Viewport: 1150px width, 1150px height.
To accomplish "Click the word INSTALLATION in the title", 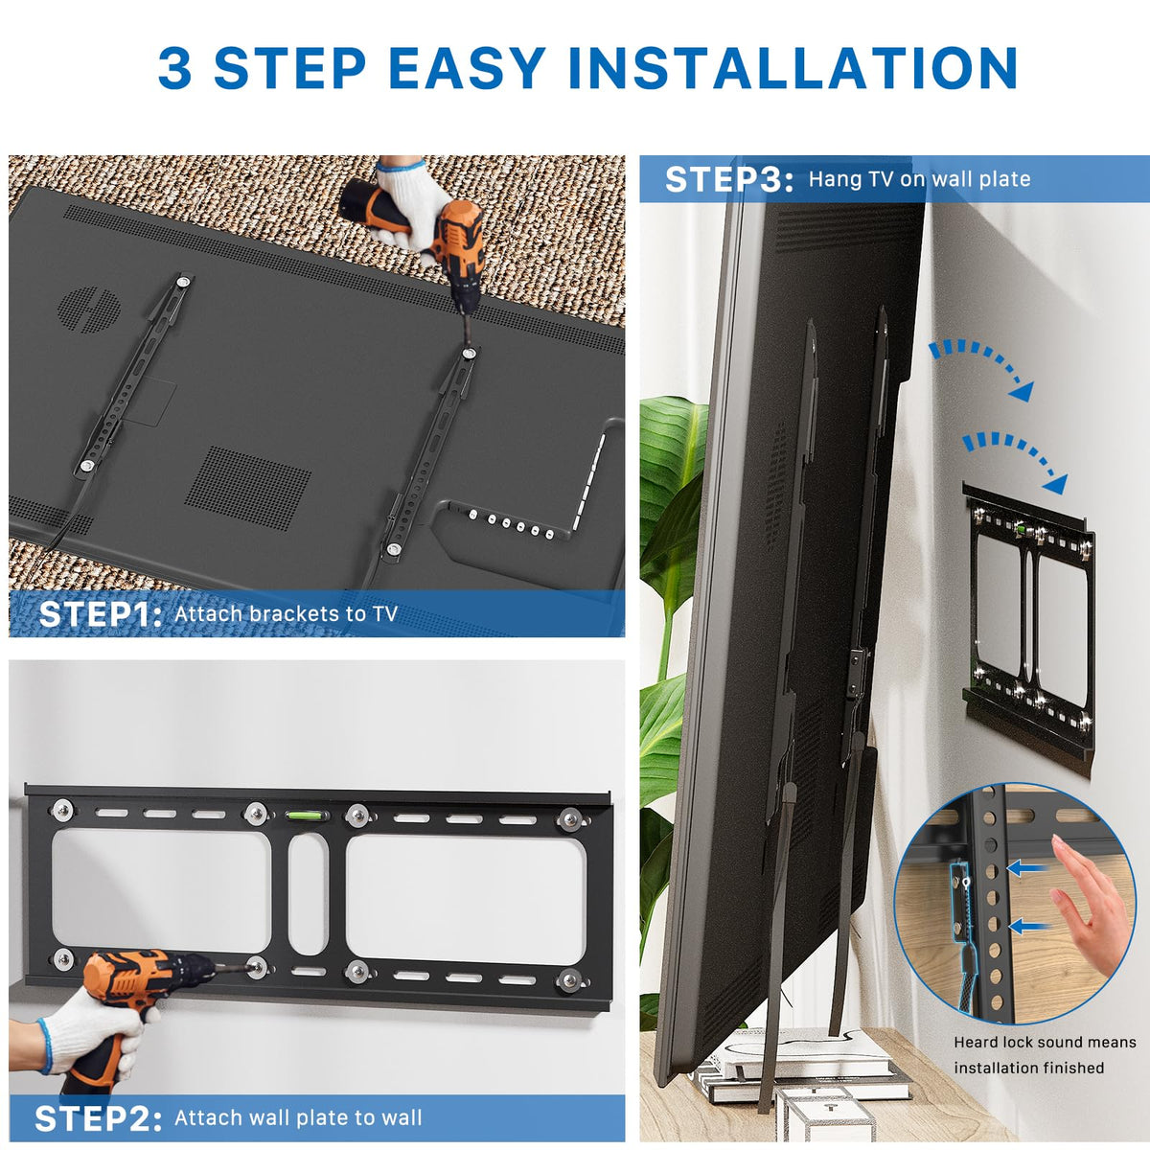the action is click(x=793, y=68).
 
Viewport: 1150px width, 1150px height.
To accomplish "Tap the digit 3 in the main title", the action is click(x=174, y=68).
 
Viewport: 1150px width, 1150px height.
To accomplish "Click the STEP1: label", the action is click(x=100, y=614).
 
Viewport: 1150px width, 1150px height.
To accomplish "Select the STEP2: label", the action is click(x=98, y=1117).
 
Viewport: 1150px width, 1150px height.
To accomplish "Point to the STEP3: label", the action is click(x=729, y=179).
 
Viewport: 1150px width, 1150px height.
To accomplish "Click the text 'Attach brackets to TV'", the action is click(x=286, y=614).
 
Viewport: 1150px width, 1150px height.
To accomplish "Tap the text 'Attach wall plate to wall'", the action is click(x=298, y=1117).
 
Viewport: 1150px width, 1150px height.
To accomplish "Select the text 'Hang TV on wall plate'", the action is click(x=920, y=179).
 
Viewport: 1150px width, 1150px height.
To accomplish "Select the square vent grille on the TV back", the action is click(x=247, y=489).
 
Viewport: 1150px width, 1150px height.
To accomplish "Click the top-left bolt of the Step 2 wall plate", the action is click(x=62, y=810).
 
